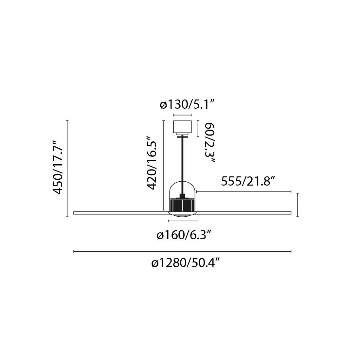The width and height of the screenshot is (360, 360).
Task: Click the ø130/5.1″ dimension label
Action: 187,105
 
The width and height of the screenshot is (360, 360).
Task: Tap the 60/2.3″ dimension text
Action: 209,143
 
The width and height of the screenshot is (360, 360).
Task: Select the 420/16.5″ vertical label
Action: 152,163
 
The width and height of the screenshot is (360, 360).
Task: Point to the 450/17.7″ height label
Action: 58,167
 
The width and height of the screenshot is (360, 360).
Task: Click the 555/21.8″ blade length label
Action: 248,182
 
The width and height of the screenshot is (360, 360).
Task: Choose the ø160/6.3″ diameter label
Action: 184,236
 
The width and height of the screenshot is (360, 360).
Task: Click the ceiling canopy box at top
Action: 183,128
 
